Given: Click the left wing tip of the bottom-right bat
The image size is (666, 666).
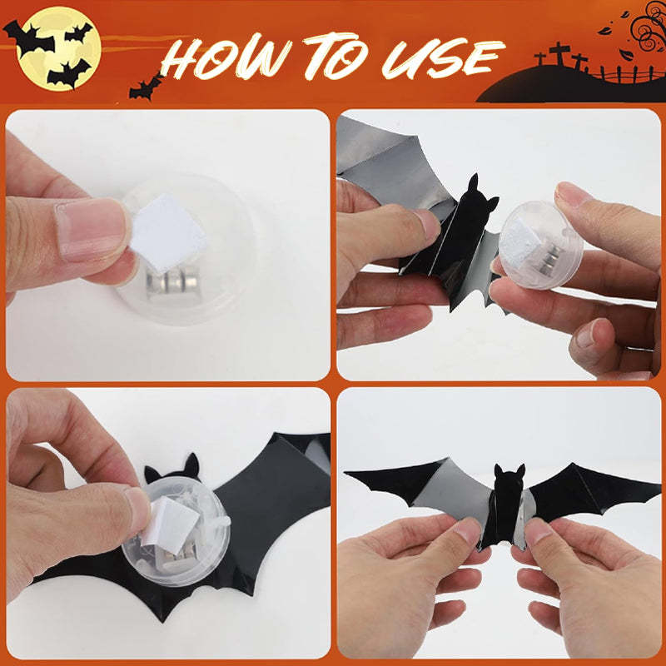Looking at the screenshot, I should pyautogui.click(x=350, y=475).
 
